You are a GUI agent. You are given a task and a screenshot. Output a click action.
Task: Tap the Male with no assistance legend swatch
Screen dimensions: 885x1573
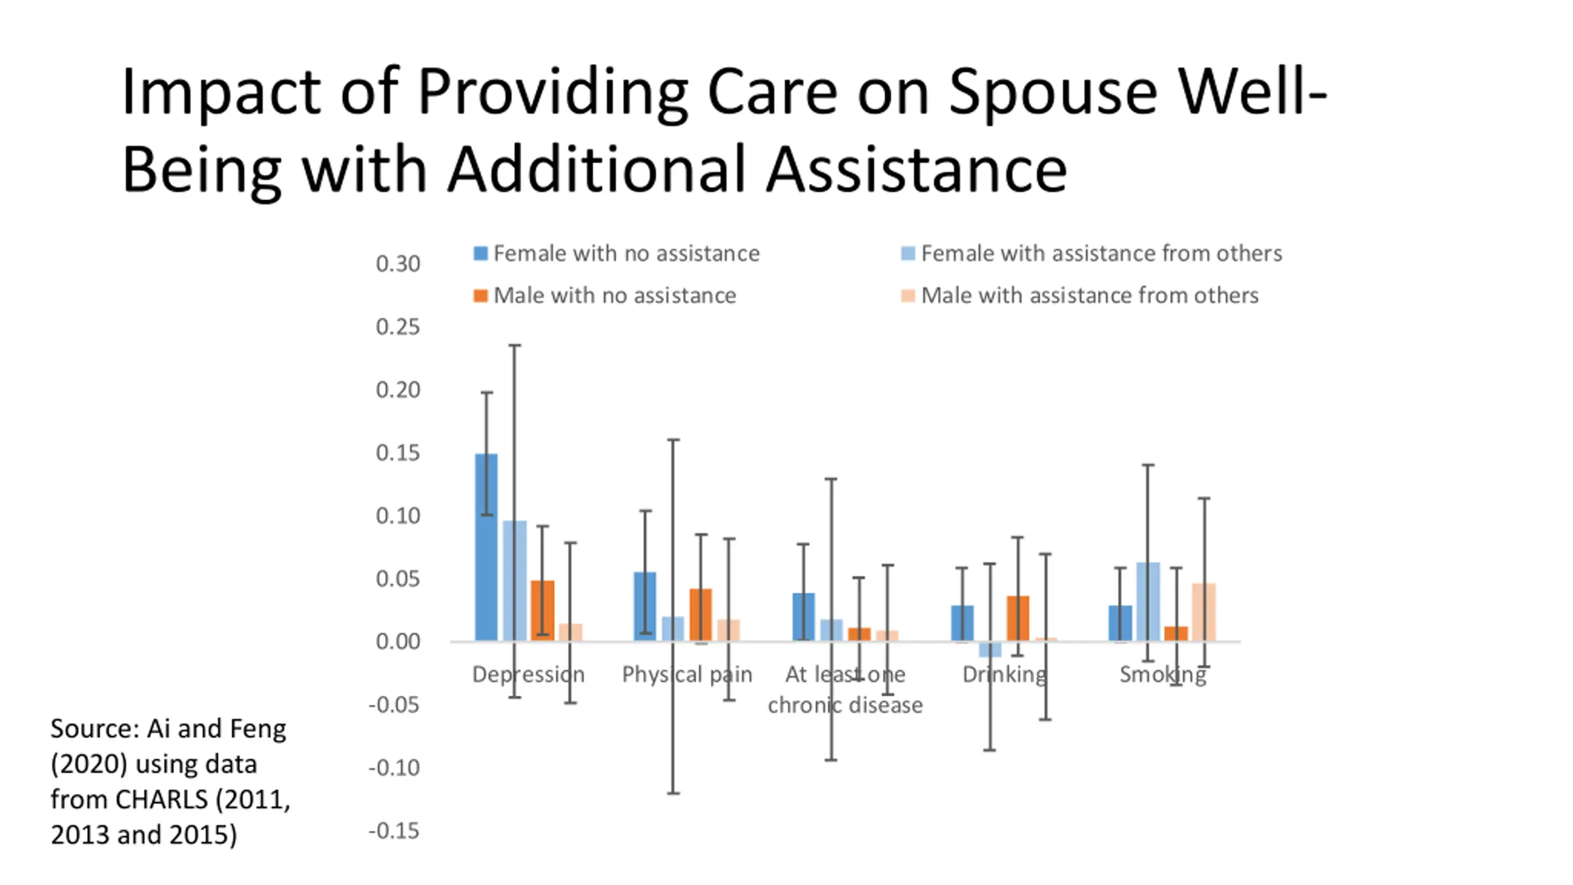[x=481, y=296]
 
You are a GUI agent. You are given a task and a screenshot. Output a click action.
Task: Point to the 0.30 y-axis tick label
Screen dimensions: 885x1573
[x=398, y=264]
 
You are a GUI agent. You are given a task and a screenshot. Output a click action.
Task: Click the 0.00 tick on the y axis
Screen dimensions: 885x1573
[x=398, y=642]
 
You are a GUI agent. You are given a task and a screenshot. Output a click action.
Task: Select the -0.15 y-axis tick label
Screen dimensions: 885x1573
[x=394, y=831]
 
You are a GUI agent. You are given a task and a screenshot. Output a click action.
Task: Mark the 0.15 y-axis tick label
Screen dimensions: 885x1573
[x=398, y=453]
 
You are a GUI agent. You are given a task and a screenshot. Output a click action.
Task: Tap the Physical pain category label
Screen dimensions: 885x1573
[x=687, y=674]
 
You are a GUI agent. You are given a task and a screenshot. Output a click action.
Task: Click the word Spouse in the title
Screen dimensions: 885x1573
[x=1053, y=92]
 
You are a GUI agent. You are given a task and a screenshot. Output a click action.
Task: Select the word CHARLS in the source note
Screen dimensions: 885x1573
[x=161, y=799]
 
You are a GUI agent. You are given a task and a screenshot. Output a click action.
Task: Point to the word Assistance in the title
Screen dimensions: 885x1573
[x=916, y=170]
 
